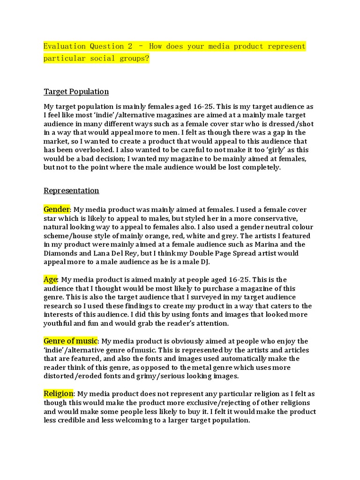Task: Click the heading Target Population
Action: (76, 91)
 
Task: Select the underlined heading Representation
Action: (71, 190)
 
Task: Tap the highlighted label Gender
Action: (57, 209)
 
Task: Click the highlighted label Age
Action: (50, 279)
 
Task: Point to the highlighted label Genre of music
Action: (70, 341)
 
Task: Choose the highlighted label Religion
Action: (59, 394)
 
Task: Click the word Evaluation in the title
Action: (65, 46)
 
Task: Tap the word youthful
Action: (60, 323)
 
